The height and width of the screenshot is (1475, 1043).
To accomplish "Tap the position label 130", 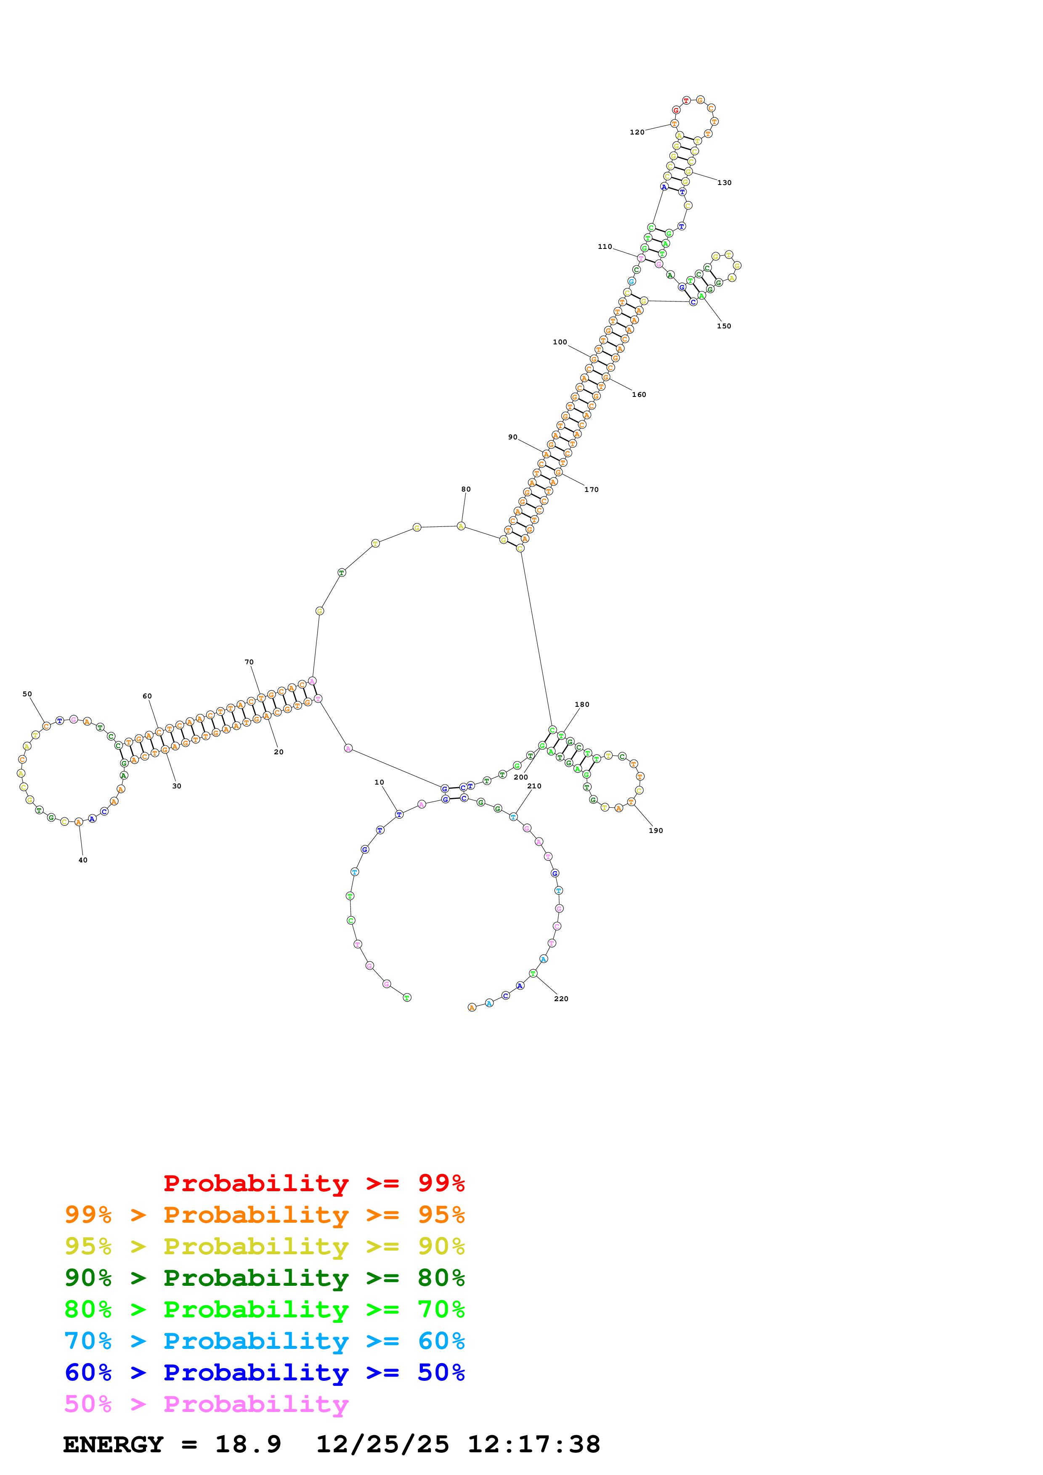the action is (724, 182).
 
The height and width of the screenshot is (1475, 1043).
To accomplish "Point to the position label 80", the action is (465, 489).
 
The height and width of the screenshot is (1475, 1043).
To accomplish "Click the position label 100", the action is (559, 342).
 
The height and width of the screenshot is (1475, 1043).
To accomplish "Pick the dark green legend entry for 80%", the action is (264, 1278).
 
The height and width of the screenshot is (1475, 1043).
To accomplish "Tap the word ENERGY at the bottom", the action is (113, 1444).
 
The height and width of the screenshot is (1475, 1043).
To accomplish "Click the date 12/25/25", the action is (382, 1444).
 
